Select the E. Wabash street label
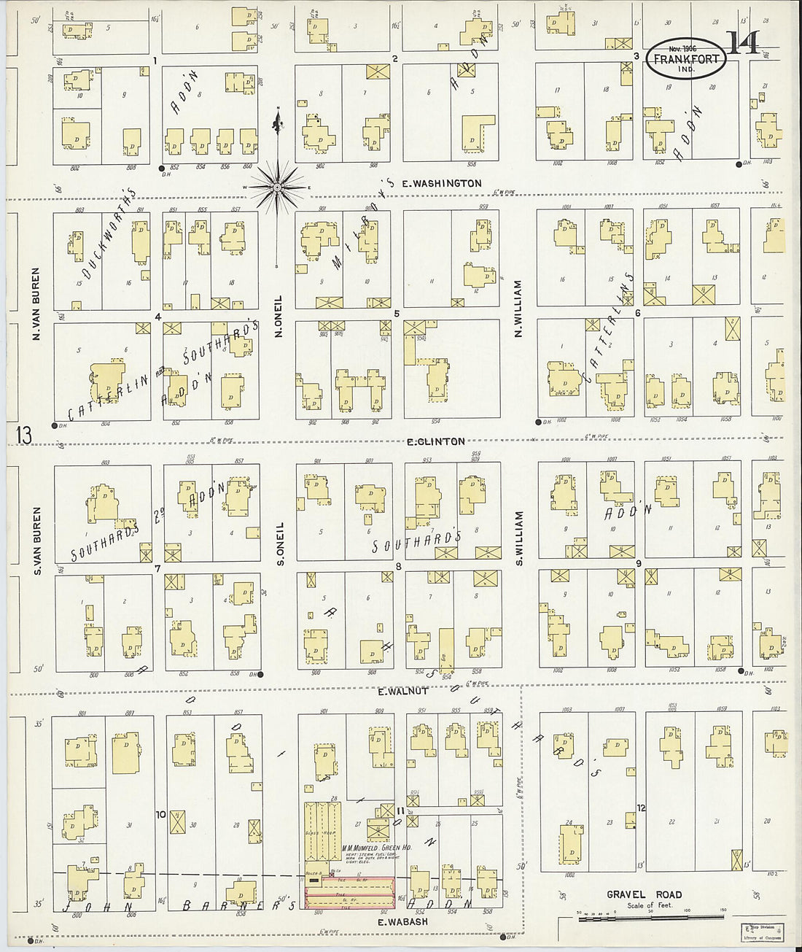pyautogui.click(x=402, y=921)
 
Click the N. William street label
pyautogui.click(x=519, y=309)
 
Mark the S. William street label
pyautogui.click(x=519, y=538)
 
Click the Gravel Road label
pyautogui.click(x=644, y=894)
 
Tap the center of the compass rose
pyautogui.click(x=278, y=187)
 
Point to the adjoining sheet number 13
pyautogui.click(x=24, y=436)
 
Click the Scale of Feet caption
pyautogui.click(x=649, y=905)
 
